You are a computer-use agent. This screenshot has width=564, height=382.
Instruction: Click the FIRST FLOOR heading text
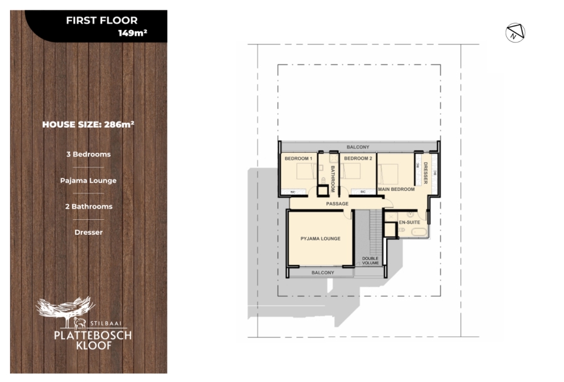[102, 21]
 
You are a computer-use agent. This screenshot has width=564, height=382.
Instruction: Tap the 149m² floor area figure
[132, 33]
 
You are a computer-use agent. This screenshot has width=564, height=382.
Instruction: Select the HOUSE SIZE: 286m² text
[88, 124]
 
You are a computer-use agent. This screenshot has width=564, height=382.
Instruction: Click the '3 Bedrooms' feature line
[88, 154]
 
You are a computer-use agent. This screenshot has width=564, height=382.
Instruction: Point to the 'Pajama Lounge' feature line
[88, 180]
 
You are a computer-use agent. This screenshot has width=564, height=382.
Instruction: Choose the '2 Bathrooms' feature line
[88, 206]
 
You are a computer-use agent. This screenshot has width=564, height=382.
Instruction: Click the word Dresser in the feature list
[88, 232]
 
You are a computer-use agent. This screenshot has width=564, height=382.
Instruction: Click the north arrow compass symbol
[515, 33]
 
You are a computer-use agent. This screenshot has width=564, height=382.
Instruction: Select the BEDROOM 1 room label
[298, 158]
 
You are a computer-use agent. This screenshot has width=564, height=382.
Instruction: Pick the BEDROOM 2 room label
[358, 158]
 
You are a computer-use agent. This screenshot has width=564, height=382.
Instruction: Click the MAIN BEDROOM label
[396, 189]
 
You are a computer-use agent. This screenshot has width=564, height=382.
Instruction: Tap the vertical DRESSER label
[426, 173]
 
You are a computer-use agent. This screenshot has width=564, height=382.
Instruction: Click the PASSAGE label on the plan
[337, 204]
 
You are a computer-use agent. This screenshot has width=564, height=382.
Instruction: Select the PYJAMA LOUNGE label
[320, 239]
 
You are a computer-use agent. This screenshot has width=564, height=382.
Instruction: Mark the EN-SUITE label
[409, 222]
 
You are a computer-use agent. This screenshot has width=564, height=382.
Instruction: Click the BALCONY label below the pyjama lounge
[323, 272]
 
